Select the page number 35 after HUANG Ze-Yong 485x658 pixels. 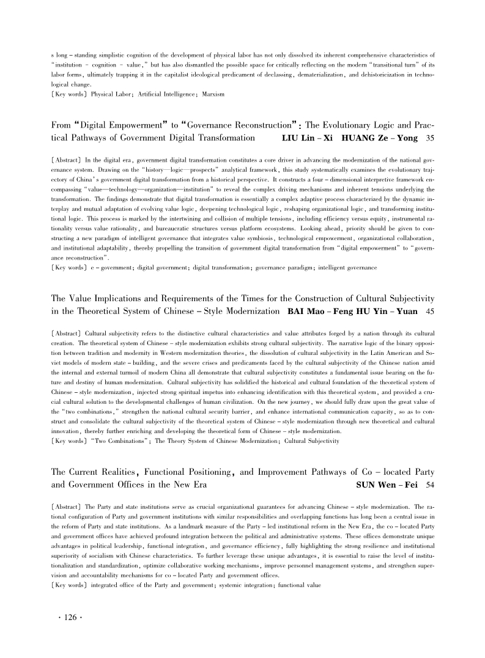(x=429, y=139)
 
